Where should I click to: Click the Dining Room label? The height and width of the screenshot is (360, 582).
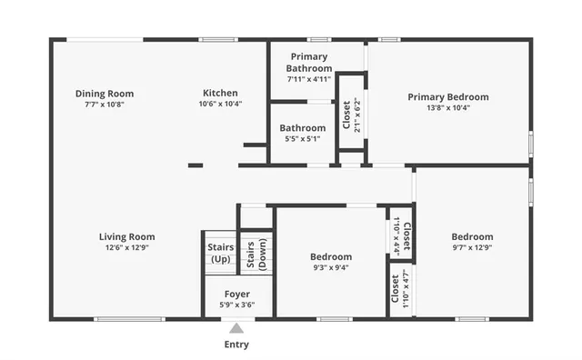point(105,93)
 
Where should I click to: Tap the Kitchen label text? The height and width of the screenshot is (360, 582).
point(220,93)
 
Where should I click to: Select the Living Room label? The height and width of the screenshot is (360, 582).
point(126,237)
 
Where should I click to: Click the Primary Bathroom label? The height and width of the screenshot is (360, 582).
point(308,62)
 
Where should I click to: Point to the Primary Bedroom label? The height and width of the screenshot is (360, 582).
point(447,97)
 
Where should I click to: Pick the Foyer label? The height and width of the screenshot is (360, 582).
point(238,294)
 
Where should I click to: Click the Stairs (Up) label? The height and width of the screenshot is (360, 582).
point(220,253)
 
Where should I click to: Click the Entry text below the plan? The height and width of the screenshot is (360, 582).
point(236,345)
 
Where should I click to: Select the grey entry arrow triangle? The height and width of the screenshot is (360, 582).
point(236,327)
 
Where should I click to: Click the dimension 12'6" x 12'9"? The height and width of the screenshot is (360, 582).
point(126,248)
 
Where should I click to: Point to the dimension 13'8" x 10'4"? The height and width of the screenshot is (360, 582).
point(447,107)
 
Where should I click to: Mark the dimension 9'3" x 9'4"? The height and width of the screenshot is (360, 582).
point(331,267)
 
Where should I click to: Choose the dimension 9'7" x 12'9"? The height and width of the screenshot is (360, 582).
point(472,248)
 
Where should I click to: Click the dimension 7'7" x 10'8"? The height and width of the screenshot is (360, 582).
point(105,104)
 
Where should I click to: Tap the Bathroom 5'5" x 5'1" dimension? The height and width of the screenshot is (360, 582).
point(302,139)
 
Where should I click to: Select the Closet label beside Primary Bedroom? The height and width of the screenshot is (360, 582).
point(346,112)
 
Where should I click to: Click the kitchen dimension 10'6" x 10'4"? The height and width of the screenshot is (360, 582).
point(220,104)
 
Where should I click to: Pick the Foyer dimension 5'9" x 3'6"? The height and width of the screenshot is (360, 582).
point(238,305)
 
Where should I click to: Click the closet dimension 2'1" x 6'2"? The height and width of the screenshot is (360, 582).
point(357,112)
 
